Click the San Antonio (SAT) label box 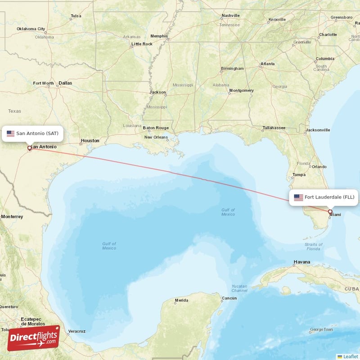(x=32, y=133)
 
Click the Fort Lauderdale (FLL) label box (x=324, y=197)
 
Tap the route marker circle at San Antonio (x=30, y=148)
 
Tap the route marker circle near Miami (x=330, y=211)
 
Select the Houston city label (x=90, y=141)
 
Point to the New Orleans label (x=156, y=137)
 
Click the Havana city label (x=301, y=262)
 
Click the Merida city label (x=181, y=300)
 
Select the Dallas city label (x=65, y=83)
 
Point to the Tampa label (x=299, y=175)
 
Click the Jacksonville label (x=318, y=130)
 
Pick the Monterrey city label (x=12, y=216)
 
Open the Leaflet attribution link (x=350, y=356)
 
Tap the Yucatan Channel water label (x=239, y=288)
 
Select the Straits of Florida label (x=314, y=247)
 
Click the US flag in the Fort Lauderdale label (x=298, y=197)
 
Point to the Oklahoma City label (x=31, y=29)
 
